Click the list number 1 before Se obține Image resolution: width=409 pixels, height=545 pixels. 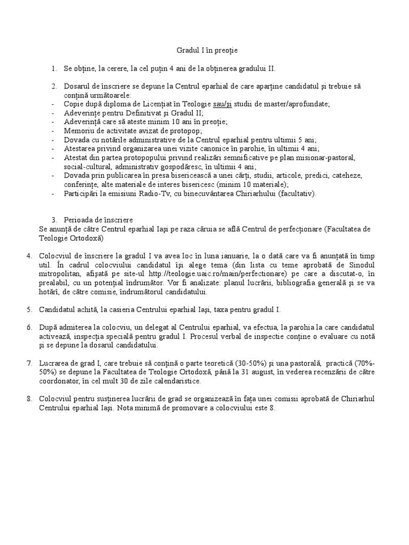click(x=54, y=69)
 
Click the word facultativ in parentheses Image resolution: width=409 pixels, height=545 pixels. click(x=295, y=194)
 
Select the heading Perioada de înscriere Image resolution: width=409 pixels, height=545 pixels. click(x=99, y=220)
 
